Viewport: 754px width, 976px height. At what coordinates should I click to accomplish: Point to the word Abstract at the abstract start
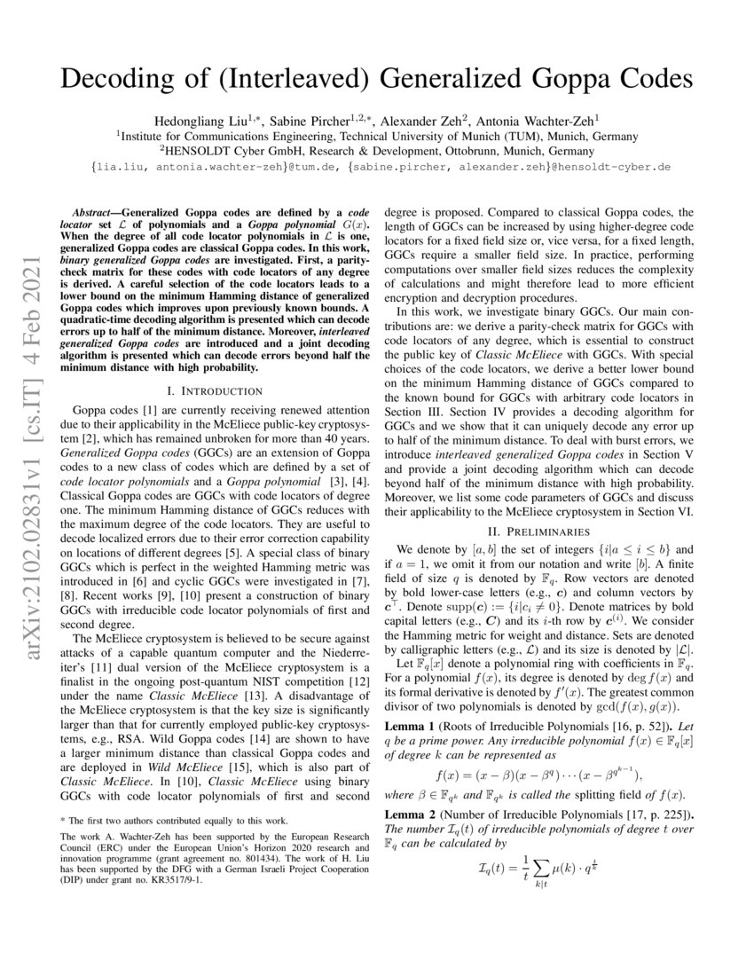click(95, 215)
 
